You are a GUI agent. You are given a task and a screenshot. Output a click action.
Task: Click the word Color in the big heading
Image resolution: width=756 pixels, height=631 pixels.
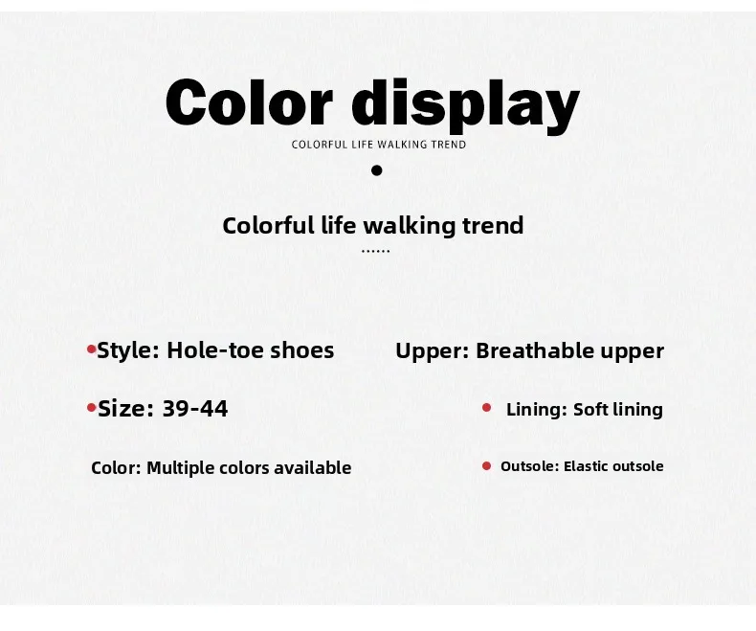[x=249, y=101]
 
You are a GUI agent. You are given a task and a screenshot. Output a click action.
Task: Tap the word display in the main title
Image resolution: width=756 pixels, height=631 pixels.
[x=466, y=105]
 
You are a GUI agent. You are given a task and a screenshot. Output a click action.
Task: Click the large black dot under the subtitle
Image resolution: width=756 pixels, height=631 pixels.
[x=377, y=170]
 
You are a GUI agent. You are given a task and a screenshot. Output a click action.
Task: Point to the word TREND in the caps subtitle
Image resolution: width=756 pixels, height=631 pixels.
[x=449, y=145]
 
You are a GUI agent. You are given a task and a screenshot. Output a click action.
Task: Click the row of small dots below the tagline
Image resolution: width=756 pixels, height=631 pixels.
[x=375, y=251]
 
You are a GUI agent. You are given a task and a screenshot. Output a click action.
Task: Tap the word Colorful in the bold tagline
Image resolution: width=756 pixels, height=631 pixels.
[x=268, y=225]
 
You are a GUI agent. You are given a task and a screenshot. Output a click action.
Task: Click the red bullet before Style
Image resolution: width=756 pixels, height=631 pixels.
[x=92, y=349]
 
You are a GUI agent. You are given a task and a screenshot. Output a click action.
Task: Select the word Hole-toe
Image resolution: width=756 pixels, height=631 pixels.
[x=214, y=350]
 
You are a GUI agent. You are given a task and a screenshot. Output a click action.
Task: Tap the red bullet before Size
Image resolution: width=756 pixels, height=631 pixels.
[x=92, y=408]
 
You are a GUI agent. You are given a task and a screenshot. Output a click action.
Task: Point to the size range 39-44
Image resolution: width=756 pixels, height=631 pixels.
[x=195, y=409]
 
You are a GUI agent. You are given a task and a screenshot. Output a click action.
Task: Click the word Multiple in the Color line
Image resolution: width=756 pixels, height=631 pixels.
[x=180, y=468]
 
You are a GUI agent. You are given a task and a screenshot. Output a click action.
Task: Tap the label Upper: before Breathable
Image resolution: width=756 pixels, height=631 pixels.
[x=432, y=351]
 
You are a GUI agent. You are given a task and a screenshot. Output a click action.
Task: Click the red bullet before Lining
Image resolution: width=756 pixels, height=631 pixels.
[x=486, y=408]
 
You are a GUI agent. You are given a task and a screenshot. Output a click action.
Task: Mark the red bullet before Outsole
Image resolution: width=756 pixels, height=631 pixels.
[x=486, y=466]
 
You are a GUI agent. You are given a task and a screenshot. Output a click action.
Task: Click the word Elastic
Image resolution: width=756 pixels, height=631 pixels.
[x=584, y=466]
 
